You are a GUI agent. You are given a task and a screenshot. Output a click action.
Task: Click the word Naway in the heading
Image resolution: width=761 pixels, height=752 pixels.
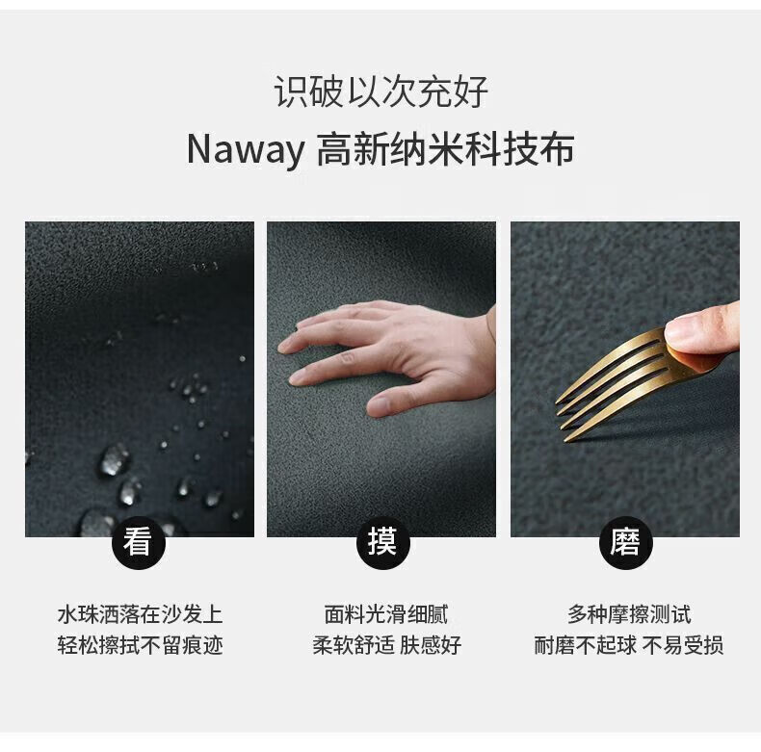point(245,150)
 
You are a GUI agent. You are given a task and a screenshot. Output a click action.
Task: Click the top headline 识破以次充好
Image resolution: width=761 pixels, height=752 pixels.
point(381,91)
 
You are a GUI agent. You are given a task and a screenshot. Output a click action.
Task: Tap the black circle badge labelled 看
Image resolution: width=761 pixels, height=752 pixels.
point(139,542)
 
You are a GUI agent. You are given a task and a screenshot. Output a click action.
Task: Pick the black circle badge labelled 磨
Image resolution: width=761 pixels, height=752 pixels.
point(625,542)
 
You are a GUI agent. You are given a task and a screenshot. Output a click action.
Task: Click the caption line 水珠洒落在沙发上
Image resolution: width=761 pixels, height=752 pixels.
point(140,614)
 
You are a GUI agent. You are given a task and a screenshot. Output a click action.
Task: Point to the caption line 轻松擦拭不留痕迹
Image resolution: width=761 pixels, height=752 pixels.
point(140,645)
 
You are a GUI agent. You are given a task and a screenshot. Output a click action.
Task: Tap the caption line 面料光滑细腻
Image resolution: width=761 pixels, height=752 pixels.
point(386,614)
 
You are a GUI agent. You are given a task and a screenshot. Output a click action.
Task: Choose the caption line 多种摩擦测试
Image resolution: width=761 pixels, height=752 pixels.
point(629,614)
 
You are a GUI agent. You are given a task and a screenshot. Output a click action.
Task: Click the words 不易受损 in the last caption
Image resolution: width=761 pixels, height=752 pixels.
point(683,645)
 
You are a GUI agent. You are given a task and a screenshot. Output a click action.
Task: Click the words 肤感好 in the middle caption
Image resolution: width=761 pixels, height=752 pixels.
point(431,645)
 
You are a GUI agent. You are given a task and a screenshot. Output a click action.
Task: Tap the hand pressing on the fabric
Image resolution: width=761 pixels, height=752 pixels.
point(387,355)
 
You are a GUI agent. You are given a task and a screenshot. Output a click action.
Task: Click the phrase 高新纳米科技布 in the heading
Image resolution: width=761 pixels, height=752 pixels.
point(446,150)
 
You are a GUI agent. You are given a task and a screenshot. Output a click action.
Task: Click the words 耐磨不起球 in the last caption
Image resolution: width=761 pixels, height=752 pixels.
point(585,645)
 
